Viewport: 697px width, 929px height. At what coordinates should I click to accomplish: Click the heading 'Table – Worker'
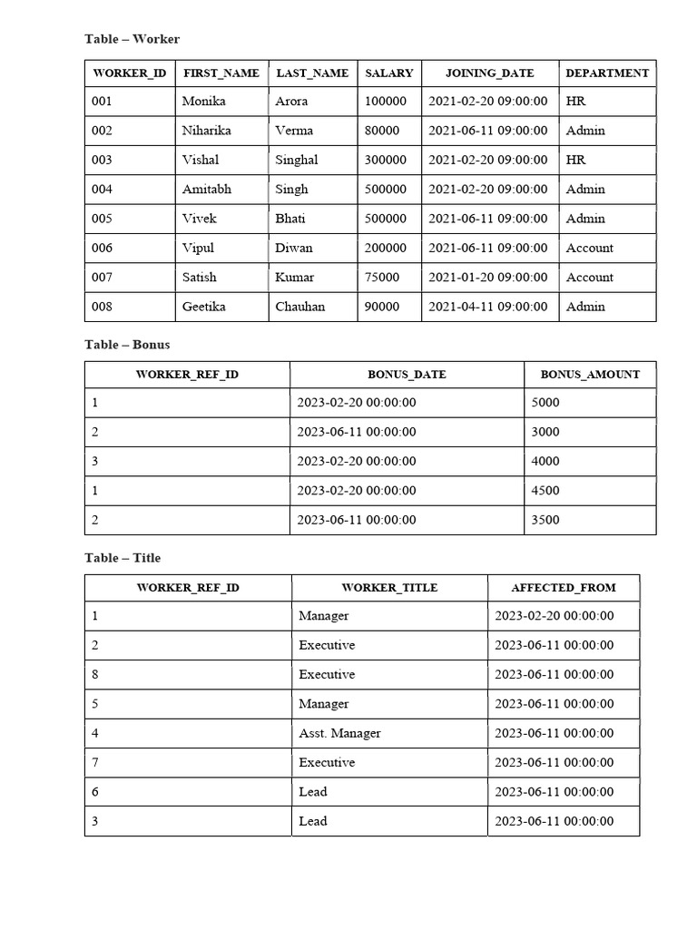point(133,39)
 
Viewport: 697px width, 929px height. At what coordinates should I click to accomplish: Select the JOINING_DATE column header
point(489,73)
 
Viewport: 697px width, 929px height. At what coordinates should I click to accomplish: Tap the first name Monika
point(203,102)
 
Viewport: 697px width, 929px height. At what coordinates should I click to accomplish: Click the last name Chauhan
point(300,307)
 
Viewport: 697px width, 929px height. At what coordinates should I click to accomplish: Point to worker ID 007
point(103,278)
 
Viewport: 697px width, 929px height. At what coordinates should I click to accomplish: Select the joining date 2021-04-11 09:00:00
point(488,307)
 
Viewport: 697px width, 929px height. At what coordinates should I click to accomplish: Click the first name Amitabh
point(207,190)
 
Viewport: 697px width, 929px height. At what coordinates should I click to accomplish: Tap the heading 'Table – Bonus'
point(127,345)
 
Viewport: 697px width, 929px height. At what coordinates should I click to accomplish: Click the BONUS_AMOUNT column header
point(590,375)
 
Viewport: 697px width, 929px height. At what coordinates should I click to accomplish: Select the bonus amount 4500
point(545,491)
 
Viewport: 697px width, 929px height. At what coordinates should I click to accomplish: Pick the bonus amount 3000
point(545,432)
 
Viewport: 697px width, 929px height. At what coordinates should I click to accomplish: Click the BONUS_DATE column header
point(407,375)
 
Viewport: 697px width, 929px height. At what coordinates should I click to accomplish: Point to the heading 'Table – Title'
point(123,558)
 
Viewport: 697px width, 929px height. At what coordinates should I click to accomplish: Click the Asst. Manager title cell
point(339,733)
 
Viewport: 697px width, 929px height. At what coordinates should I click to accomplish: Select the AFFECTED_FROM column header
point(564,588)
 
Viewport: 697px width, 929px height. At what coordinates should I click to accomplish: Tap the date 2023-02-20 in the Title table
point(554,616)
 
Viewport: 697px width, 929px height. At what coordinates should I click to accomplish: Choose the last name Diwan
point(294,248)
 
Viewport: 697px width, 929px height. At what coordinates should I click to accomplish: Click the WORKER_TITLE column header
point(389,588)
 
